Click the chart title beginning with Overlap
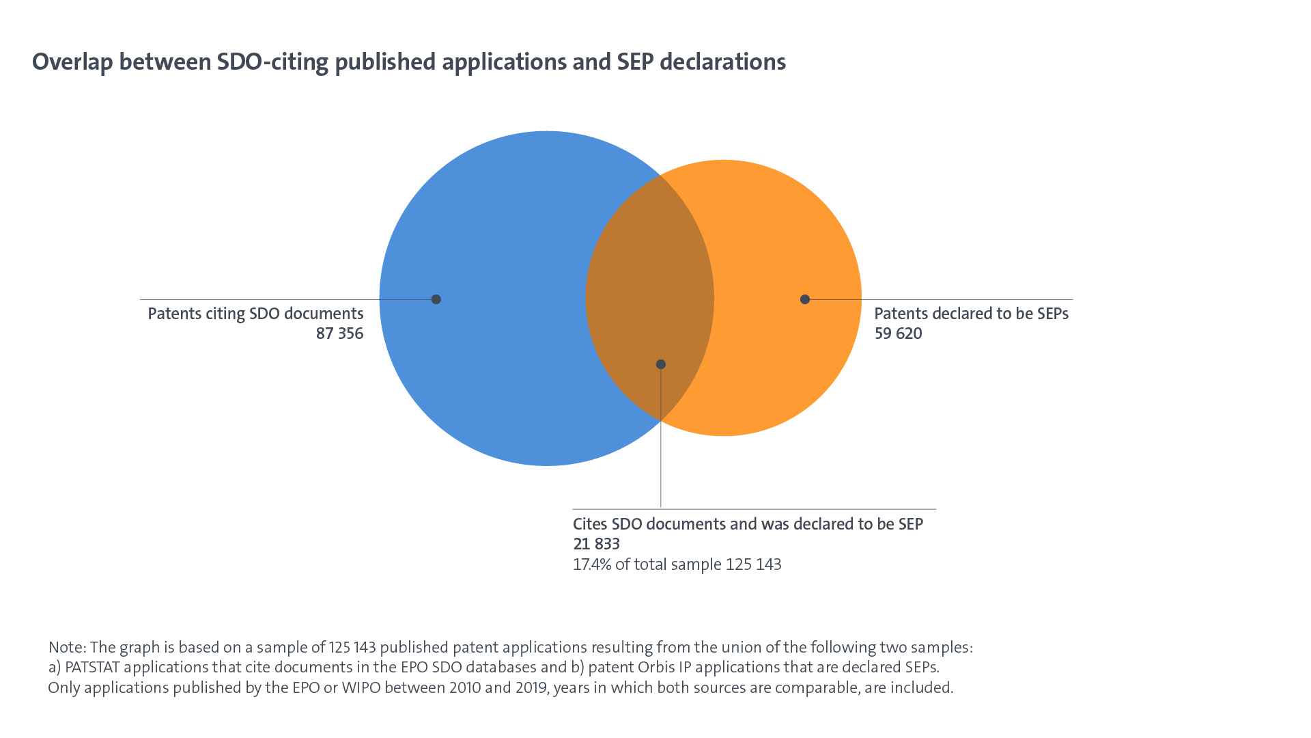(408, 62)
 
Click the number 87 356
(339, 333)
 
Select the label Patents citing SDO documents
(255, 314)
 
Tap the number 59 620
(898, 333)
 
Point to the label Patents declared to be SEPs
(971, 314)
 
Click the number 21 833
(596, 544)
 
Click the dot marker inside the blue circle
(436, 299)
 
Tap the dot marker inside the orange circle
(805, 299)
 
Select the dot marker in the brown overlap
(660, 364)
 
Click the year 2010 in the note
(465, 687)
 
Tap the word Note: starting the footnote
(67, 647)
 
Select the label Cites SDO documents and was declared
(748, 524)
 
